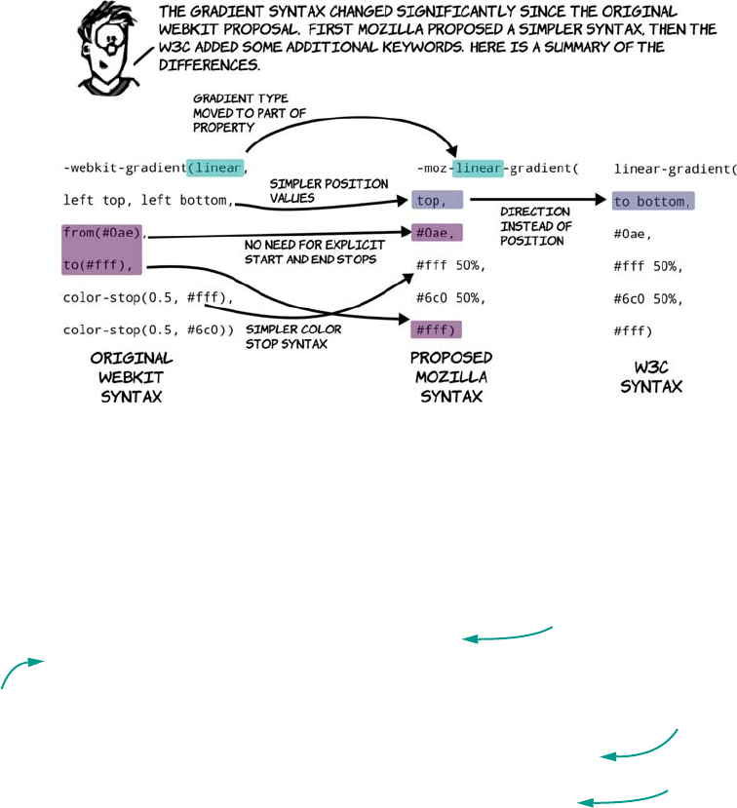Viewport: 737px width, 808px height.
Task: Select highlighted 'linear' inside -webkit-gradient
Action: click(x=214, y=169)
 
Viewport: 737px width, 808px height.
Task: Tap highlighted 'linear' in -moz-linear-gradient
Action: click(x=479, y=169)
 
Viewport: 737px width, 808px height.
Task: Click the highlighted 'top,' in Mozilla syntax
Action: click(x=435, y=201)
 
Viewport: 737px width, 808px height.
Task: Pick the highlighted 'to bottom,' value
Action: click(x=653, y=202)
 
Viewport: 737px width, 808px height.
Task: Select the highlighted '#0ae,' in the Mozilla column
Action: click(x=437, y=233)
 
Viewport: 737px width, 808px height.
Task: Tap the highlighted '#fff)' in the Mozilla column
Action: click(x=436, y=329)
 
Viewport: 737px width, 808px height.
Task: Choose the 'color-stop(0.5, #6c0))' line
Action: click(x=148, y=329)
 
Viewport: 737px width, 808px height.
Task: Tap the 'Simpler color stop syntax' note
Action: click(x=289, y=335)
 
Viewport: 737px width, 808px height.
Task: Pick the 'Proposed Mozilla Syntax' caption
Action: click(x=451, y=374)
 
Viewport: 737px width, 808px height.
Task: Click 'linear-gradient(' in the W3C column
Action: click(x=673, y=169)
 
